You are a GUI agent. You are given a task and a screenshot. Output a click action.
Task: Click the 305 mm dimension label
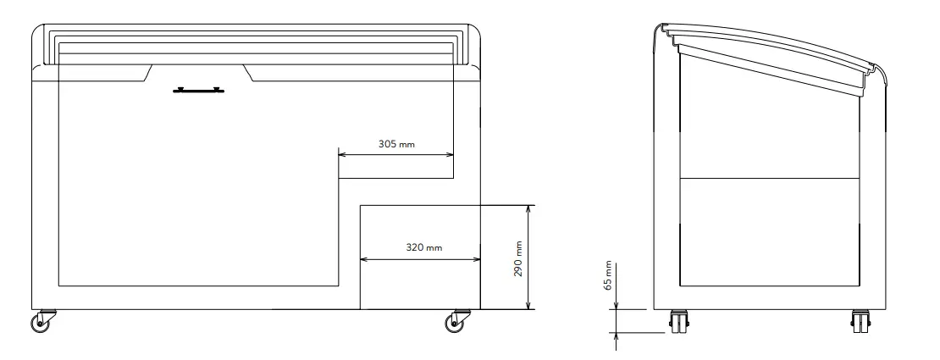click(396, 144)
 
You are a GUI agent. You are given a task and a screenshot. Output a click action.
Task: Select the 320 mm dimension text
click(423, 247)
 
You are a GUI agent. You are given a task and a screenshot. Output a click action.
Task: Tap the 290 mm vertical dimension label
click(518, 258)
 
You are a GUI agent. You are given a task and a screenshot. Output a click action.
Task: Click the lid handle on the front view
click(198, 91)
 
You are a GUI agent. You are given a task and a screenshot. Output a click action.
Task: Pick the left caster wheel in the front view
click(42, 321)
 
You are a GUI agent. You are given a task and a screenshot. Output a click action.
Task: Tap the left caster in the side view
click(679, 321)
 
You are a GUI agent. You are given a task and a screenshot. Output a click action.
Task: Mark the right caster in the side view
click(861, 321)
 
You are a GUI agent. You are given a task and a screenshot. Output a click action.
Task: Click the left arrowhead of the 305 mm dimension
click(342, 154)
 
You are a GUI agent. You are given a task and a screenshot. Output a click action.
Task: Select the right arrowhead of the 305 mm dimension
click(449, 154)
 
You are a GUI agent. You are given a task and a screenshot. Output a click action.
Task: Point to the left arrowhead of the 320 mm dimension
click(364, 259)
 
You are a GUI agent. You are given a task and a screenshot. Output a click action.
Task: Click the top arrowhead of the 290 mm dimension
click(528, 209)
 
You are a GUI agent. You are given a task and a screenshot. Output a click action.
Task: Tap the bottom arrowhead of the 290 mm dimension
click(528, 306)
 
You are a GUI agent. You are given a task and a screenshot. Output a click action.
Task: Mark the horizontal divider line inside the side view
click(770, 178)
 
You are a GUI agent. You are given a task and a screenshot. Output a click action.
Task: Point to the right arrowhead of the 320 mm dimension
click(477, 259)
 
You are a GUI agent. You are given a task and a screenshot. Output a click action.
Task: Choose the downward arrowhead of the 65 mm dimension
click(616, 306)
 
